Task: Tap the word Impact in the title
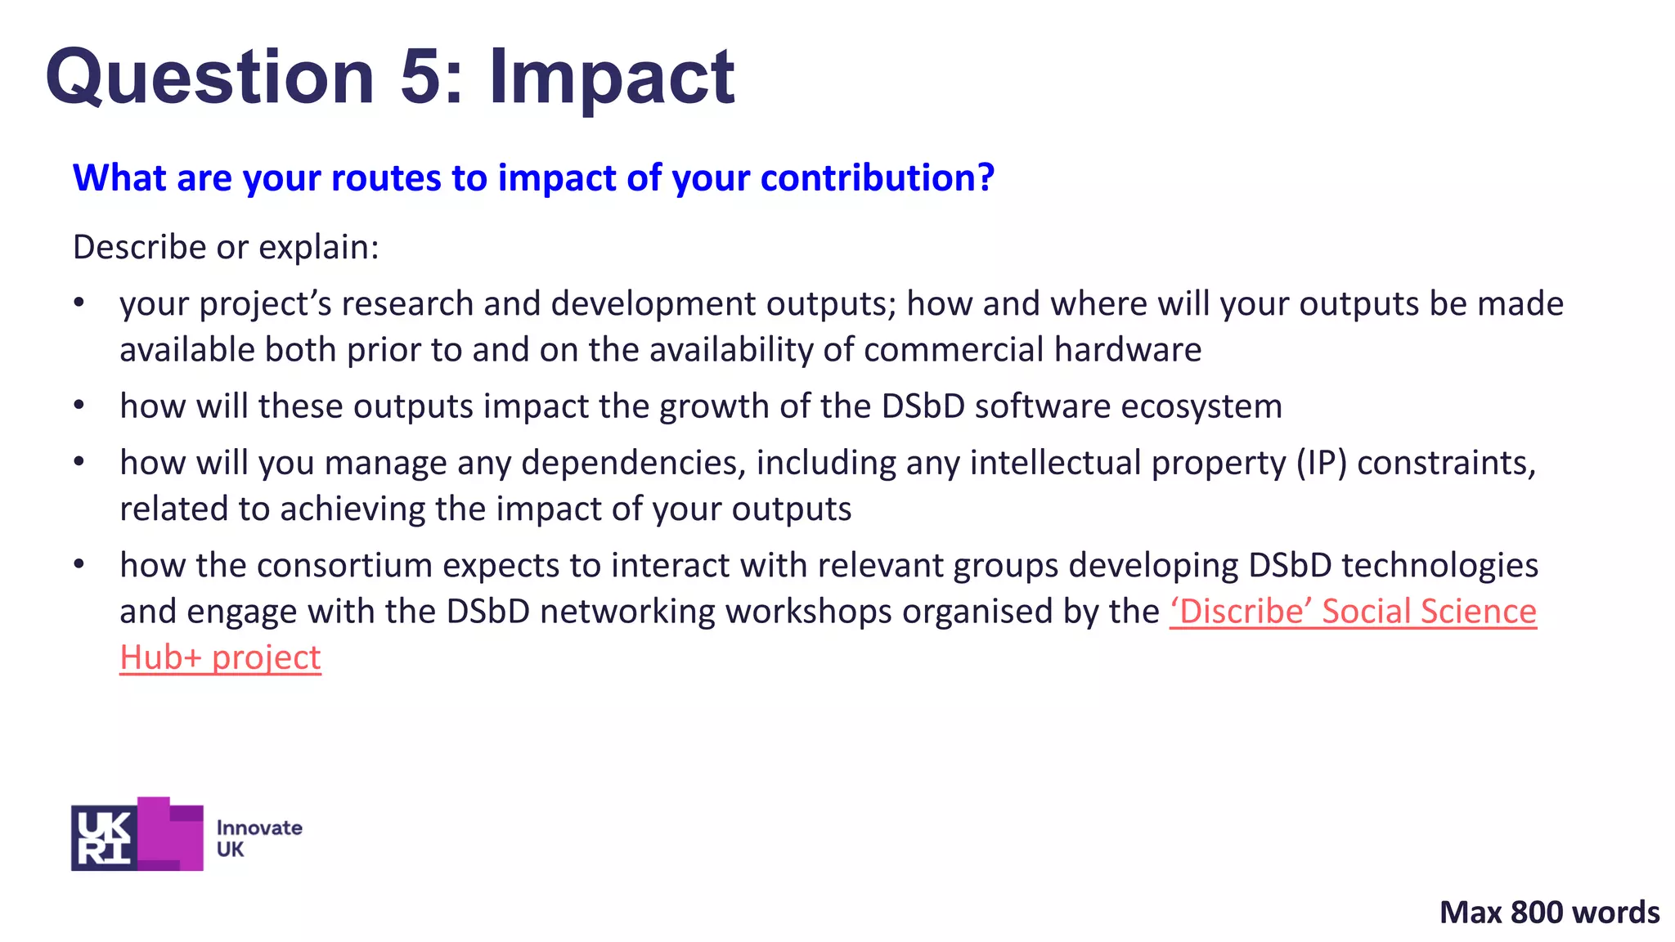pyautogui.click(x=612, y=78)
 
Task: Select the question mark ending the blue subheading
pyautogui.click(x=986, y=177)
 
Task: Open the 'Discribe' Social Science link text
pyautogui.click(x=1353, y=612)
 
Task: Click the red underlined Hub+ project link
pyautogui.click(x=220, y=657)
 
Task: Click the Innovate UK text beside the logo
pyautogui.click(x=258, y=838)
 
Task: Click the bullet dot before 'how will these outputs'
pyautogui.click(x=79, y=406)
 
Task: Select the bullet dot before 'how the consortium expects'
pyautogui.click(x=79, y=564)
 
